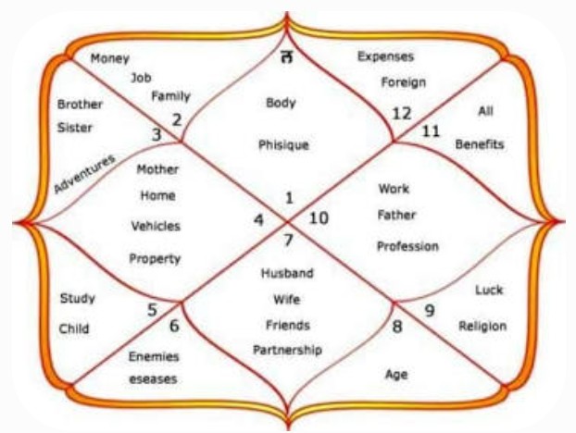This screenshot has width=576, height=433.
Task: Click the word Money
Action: [110, 58]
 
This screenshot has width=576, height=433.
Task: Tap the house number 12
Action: [402, 114]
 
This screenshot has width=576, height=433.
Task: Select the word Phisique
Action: [283, 145]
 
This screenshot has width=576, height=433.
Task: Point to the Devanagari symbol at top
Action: [287, 56]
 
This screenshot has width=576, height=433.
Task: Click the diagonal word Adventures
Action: [84, 174]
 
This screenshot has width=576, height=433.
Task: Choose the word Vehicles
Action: [156, 226]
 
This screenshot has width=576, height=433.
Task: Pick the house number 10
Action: [319, 218]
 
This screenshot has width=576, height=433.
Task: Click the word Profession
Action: [407, 246]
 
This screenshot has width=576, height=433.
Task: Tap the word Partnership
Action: [288, 350]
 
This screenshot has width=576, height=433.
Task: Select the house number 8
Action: [397, 327]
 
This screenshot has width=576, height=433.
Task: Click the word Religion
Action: [482, 326]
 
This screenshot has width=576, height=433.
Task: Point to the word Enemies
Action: [154, 356]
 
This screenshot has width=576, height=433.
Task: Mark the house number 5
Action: [152, 310]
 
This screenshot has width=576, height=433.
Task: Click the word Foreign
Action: [404, 82]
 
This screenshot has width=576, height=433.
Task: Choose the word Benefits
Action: [480, 144]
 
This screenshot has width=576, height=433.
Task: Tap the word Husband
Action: [287, 273]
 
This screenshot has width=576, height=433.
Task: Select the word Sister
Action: [75, 128]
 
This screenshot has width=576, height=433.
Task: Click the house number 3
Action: [157, 135]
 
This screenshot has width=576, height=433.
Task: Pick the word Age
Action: [396, 375]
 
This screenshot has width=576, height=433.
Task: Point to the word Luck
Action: [489, 290]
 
